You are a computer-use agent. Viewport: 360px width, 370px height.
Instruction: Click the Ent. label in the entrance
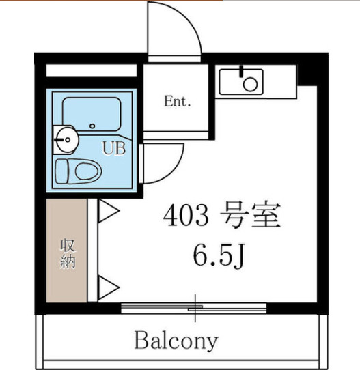pos(178,102)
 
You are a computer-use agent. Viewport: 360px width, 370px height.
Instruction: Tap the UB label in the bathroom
pos(114,148)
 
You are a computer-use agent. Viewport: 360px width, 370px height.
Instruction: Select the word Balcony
pos(176,339)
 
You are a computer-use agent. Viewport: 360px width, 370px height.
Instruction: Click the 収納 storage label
pos(67,253)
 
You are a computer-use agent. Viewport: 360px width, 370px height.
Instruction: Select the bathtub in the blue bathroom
pos(91,113)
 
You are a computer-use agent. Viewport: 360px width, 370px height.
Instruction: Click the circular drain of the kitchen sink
pos(251,85)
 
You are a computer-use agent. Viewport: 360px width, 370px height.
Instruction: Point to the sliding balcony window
pos(195,307)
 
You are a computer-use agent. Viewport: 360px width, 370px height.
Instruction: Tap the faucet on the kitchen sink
pos(242,70)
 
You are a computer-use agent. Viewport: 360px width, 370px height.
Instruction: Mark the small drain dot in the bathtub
pos(92,126)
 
